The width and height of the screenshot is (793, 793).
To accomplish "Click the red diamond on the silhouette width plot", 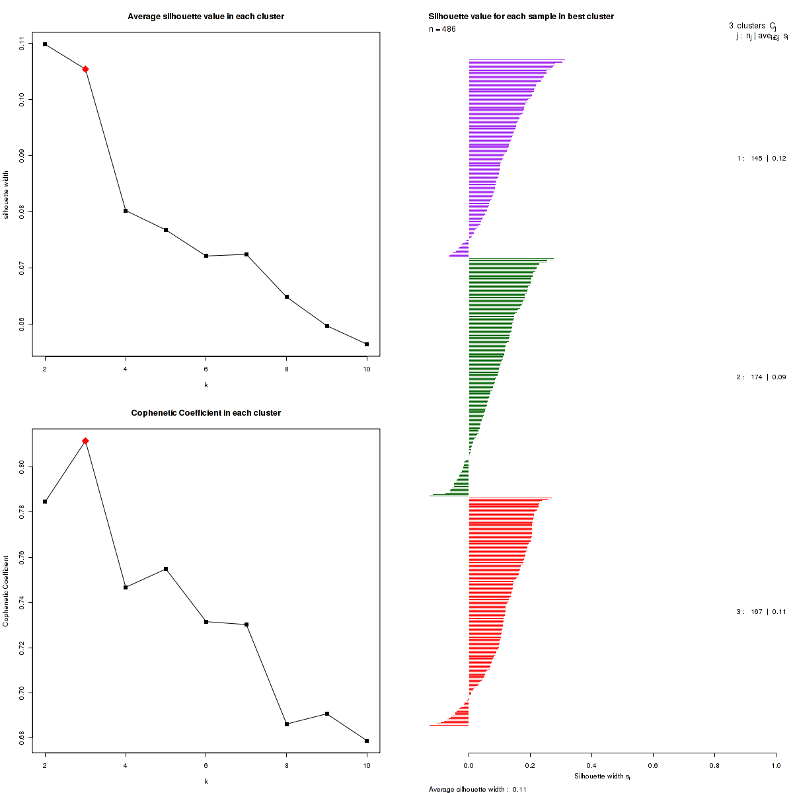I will click(85, 69).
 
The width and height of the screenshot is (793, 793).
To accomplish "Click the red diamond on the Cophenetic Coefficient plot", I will click(85, 441).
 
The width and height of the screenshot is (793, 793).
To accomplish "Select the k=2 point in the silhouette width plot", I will click(45, 44).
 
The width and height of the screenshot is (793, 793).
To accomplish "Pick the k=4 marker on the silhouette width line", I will click(126, 211).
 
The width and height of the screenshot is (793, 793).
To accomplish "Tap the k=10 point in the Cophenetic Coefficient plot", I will click(367, 741).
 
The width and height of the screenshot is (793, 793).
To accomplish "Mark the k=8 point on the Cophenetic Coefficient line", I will click(286, 724).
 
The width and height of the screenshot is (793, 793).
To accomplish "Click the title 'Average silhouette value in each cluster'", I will click(206, 17).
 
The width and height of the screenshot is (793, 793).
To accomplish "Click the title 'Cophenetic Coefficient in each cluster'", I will click(206, 413).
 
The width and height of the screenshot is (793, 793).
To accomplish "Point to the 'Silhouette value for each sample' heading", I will click(521, 17).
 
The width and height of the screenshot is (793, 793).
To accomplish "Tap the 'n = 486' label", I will click(442, 29).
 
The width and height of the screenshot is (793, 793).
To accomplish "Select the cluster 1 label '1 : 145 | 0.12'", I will click(761, 159).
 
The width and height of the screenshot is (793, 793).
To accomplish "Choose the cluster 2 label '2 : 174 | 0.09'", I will click(761, 377).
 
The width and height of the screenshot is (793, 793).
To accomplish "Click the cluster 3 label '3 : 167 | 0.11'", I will click(761, 612).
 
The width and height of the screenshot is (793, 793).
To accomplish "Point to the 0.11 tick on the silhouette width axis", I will click(22, 44).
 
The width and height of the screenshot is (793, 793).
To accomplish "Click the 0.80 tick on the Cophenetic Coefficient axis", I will click(22, 467).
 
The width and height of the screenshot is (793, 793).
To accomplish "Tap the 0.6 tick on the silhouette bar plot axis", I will click(653, 766).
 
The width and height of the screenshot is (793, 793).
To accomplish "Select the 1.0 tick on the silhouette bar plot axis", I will click(776, 766).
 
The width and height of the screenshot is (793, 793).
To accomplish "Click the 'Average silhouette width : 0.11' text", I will click(477, 789).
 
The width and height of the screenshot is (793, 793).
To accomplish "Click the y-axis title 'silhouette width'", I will click(6, 195).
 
